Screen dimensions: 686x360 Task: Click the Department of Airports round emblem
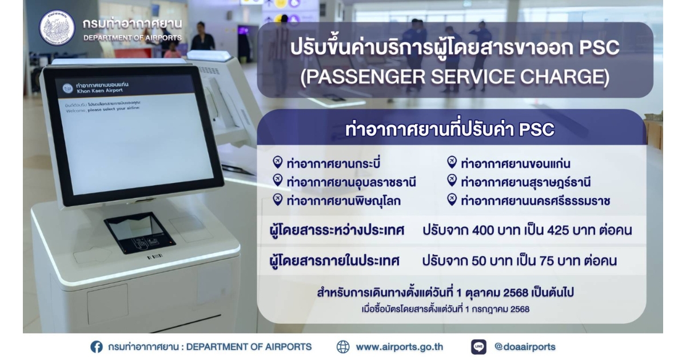(x=57, y=28)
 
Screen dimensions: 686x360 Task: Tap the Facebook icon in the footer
(x=97, y=347)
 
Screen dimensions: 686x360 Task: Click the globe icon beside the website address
(x=342, y=347)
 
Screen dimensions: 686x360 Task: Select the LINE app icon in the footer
(x=478, y=347)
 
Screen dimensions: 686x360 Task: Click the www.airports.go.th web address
(x=400, y=347)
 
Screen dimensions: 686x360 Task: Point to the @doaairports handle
(x=525, y=346)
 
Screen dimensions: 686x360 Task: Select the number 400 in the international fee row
(x=484, y=230)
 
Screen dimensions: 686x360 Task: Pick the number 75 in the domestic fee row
(x=548, y=261)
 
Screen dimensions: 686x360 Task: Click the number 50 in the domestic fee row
(x=479, y=261)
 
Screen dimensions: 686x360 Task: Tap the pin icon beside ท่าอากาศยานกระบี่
(x=277, y=162)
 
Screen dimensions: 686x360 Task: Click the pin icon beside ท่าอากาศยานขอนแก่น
(x=452, y=162)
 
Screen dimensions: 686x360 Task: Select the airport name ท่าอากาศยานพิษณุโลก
(x=344, y=201)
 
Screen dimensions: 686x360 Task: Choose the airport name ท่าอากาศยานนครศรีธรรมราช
(x=536, y=201)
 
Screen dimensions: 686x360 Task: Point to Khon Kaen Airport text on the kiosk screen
(x=100, y=91)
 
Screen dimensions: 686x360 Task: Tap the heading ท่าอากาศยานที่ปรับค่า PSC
(x=449, y=130)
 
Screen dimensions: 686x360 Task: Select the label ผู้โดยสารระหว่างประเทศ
(x=337, y=230)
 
